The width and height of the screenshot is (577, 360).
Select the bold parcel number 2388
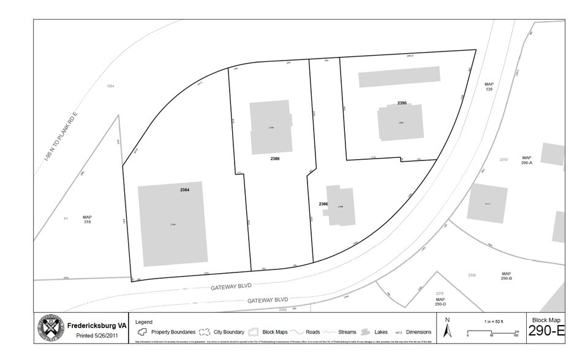pos(274,159)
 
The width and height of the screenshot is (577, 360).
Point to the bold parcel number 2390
pos(402,103)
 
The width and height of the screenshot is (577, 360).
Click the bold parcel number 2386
pos(323,203)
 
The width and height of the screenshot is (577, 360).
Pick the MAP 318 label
pos(87,220)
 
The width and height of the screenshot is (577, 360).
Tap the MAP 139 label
pos(488,87)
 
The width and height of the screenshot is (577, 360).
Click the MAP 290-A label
pos(526,160)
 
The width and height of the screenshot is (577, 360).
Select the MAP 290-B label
pos(506,276)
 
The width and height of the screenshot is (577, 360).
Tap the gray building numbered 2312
pos(487,203)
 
